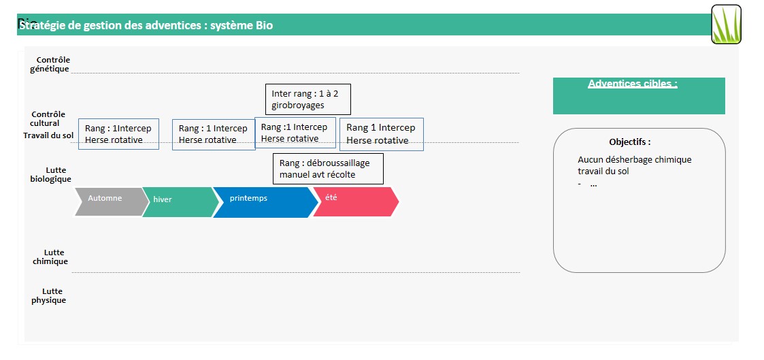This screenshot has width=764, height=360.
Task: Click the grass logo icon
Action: [726, 24]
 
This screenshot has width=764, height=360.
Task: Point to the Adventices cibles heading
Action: [632, 84]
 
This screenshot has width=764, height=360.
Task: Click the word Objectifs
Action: [629, 142]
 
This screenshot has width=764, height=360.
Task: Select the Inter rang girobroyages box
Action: [307, 99]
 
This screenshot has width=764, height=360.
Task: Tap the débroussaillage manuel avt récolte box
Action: [328, 169]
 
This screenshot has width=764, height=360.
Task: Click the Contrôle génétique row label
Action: [50, 65]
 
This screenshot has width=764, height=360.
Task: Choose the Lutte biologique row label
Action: [50, 175]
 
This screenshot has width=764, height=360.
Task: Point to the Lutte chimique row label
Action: [50, 257]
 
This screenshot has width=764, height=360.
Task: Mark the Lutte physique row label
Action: [49, 296]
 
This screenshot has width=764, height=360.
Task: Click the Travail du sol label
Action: [48, 135]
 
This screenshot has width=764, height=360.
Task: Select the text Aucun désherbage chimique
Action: [634, 160]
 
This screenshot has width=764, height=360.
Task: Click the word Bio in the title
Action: [264, 26]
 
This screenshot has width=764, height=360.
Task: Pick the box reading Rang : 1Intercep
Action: [118, 134]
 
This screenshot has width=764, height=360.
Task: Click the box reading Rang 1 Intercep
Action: [381, 134]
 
